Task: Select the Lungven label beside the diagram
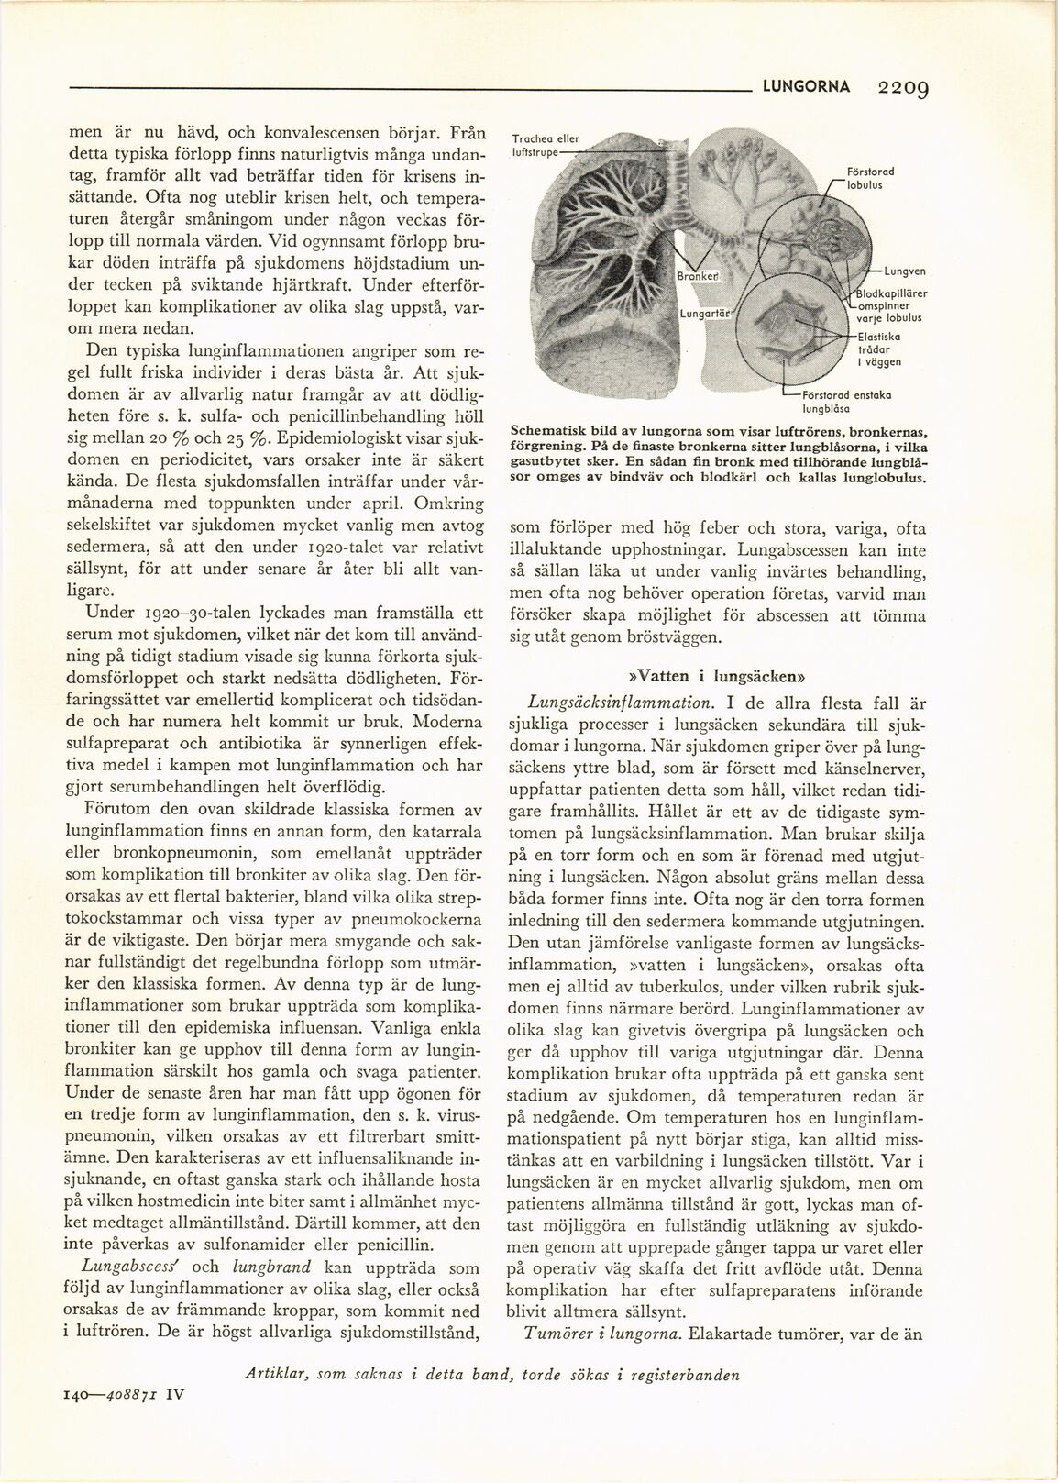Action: point(904,271)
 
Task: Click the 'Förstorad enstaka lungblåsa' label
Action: point(843,401)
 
